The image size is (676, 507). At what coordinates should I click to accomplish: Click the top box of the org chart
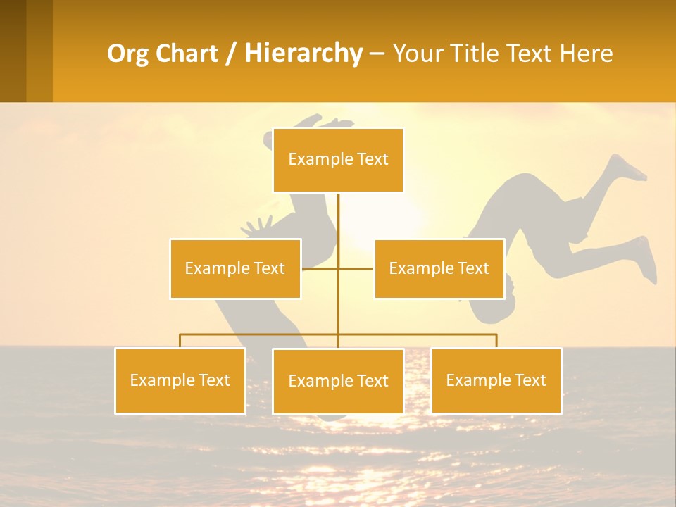(x=338, y=160)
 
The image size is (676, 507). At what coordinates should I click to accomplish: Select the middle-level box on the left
(x=235, y=268)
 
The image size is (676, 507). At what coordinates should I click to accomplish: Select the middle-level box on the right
(x=439, y=268)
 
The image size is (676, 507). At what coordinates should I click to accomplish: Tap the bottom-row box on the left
(x=180, y=380)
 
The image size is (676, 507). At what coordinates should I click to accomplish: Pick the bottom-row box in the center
(x=338, y=381)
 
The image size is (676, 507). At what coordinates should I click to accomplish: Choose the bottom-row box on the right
(x=496, y=380)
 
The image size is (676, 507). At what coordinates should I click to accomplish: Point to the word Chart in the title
(x=186, y=54)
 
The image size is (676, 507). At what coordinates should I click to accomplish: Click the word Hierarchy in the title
(x=303, y=54)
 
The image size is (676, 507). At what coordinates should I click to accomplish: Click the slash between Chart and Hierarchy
(x=231, y=54)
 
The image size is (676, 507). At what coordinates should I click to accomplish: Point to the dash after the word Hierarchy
(x=377, y=54)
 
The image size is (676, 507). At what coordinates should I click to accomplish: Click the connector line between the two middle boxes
(x=338, y=268)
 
